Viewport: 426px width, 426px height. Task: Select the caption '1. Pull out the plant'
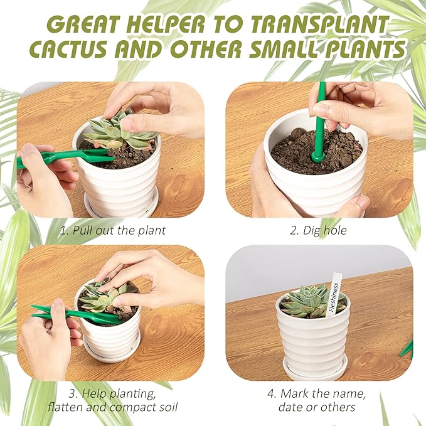coord(113,230)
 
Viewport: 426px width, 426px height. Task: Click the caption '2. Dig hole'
coord(318,230)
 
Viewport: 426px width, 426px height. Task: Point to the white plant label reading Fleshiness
coord(334,294)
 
